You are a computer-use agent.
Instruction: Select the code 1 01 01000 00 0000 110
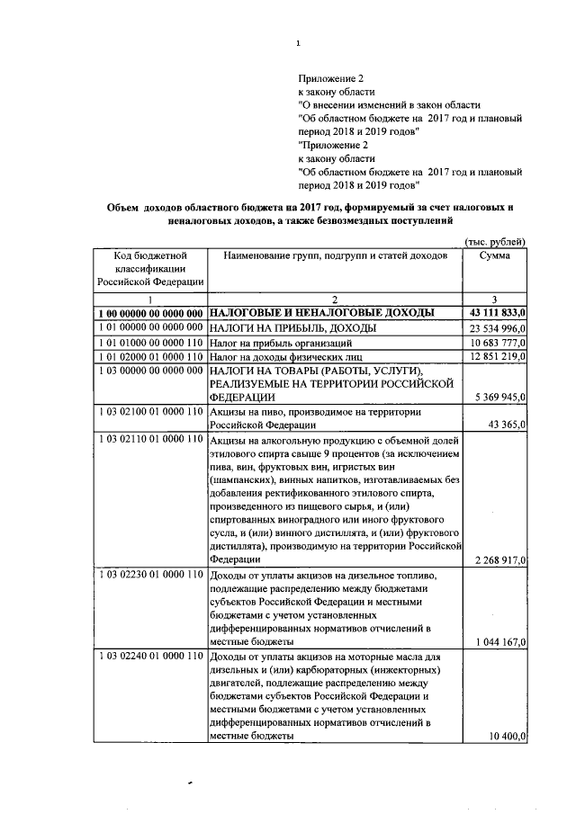[150, 343]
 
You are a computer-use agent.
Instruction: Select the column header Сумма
[495, 256]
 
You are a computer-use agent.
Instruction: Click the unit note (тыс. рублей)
[494, 240]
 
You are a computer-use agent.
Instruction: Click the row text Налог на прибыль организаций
[281, 343]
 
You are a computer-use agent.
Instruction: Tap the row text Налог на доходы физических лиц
[285, 357]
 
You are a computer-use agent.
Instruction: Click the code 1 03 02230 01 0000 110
[150, 574]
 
